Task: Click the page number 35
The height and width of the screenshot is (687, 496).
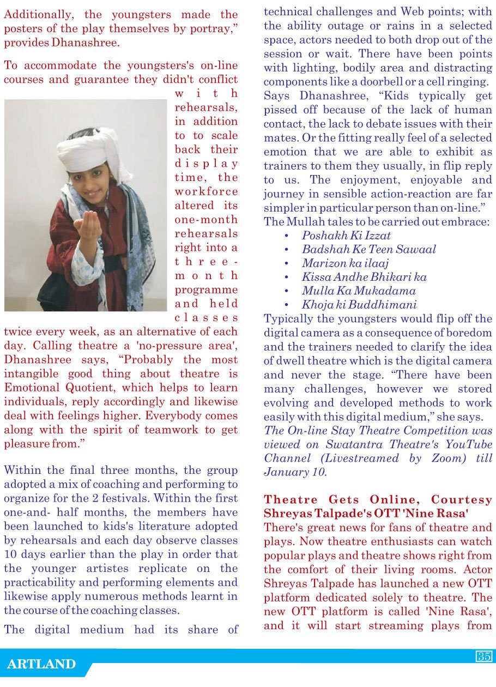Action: [483, 656]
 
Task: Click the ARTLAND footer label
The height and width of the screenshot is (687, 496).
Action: [41, 664]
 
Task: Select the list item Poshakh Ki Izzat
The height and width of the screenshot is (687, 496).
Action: [346, 236]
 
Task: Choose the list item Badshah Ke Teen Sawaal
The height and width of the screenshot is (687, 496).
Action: [368, 249]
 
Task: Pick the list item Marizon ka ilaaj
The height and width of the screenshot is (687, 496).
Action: [345, 263]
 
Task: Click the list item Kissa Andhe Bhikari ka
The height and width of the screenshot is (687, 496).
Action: [364, 277]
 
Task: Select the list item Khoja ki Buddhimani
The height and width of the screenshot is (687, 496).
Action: [359, 304]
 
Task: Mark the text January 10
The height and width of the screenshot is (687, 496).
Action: [295, 472]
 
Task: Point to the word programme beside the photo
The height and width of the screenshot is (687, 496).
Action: [206, 290]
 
